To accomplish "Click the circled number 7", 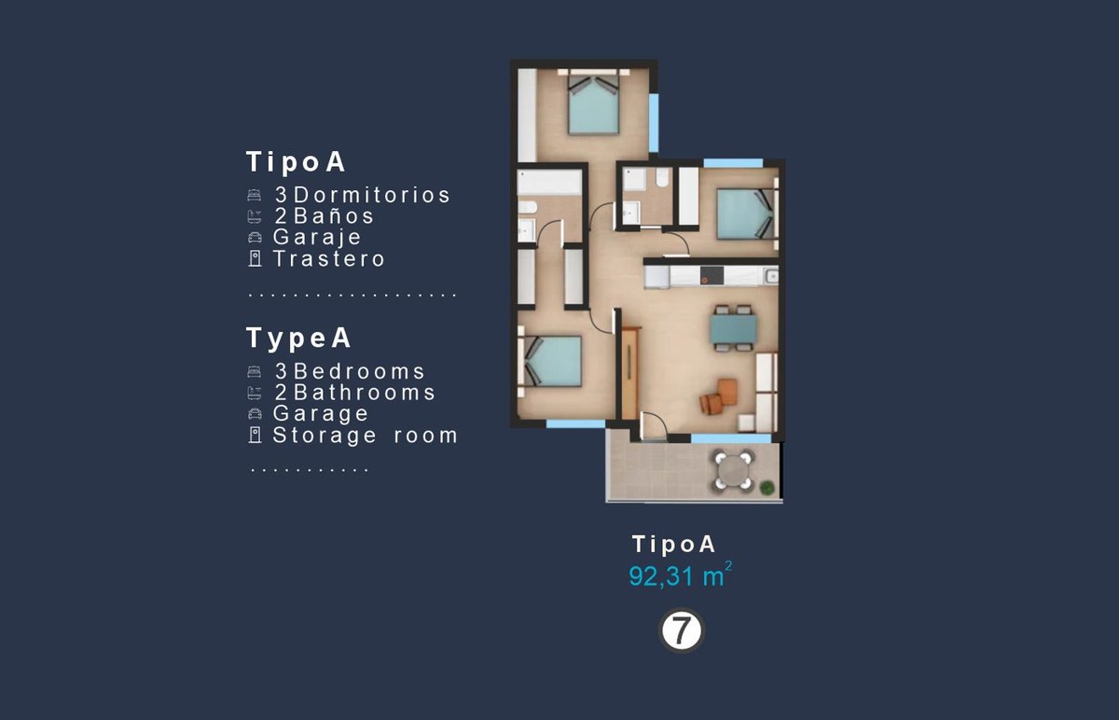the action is (682, 630).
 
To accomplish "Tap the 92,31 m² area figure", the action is (681, 575).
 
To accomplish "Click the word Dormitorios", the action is (372, 195).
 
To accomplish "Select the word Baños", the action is (333, 215).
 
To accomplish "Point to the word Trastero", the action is (328, 259).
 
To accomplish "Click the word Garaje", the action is (317, 237).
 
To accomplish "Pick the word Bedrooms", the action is (359, 371).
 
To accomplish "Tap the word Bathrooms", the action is (365, 393).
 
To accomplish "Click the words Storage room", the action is (365, 436).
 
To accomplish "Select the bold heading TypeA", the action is (298, 338).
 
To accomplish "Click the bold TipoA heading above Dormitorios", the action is (296, 162).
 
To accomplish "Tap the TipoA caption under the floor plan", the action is (674, 544).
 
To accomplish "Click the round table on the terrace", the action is (733, 471).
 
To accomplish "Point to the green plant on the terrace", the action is (767, 487).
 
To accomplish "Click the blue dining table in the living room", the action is (733, 328).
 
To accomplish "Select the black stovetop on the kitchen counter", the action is (711, 275).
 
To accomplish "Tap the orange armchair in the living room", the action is (727, 391).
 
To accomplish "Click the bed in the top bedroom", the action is (593, 104).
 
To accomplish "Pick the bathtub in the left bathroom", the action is (549, 182).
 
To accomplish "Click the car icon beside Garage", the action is (255, 414).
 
